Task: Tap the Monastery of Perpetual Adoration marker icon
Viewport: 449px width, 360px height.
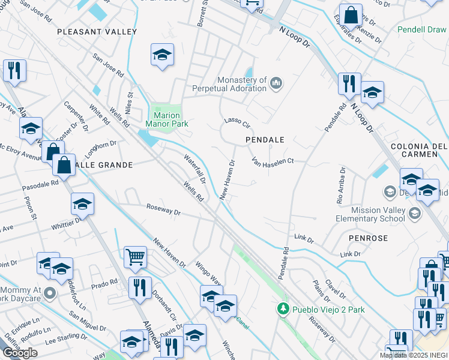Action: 276,82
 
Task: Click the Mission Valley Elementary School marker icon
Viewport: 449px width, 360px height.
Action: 414,214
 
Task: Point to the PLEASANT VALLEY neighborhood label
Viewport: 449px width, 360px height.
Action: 97,31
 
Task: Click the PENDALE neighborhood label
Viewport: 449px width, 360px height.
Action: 265,139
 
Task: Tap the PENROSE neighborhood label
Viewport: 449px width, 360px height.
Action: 367,238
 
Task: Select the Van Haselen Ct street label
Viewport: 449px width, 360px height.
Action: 273,161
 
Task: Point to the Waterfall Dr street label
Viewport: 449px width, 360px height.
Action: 194,168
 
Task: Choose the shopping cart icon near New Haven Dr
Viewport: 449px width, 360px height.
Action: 136,257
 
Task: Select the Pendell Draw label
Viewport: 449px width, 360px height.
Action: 423,29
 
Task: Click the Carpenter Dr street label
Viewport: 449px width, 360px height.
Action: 76,116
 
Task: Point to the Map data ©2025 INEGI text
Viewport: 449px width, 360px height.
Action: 413,355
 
